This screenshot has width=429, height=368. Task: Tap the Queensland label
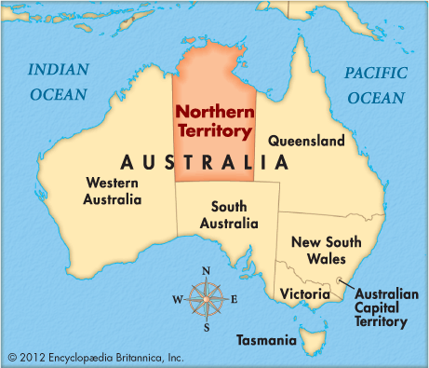(x=306, y=141)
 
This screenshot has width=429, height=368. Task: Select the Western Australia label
(x=114, y=191)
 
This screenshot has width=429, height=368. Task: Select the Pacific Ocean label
(x=376, y=85)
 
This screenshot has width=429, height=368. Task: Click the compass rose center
(x=205, y=298)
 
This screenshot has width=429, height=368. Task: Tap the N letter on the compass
(x=206, y=271)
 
